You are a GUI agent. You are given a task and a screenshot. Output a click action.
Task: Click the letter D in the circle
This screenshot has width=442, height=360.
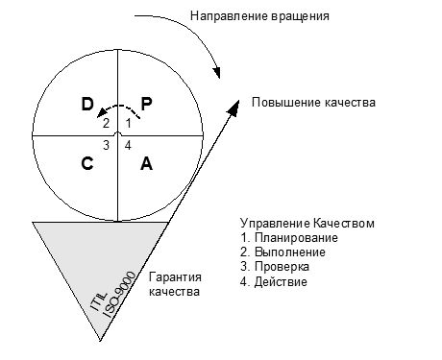[87, 103]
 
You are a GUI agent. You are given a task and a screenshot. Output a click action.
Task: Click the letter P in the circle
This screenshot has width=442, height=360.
[146, 103]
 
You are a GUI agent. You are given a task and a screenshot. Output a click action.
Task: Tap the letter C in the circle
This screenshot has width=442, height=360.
[87, 163]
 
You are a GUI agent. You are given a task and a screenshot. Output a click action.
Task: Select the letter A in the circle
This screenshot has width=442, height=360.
[146, 163]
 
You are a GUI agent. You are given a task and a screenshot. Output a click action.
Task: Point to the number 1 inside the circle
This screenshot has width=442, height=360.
[129, 124]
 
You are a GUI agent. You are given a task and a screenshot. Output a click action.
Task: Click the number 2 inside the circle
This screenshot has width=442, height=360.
[107, 124]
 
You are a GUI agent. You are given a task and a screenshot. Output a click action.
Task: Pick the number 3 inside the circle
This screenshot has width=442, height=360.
[107, 145]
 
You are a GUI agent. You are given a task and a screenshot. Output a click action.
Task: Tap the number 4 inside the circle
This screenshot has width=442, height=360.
[129, 145]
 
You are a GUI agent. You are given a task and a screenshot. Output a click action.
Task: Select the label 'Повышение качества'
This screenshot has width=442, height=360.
[313, 103]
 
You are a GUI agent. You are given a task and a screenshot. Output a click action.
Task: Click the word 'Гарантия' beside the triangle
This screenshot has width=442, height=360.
[174, 276]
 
